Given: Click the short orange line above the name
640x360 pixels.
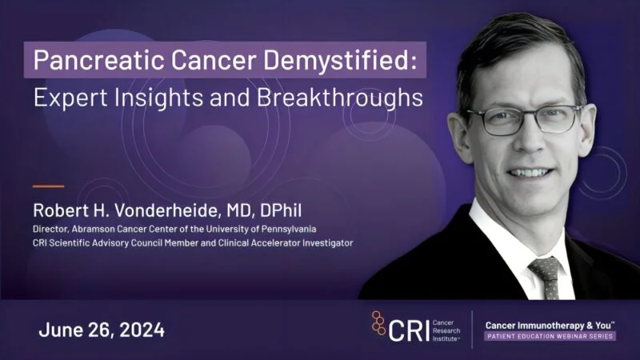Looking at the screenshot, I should point(48,186).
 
